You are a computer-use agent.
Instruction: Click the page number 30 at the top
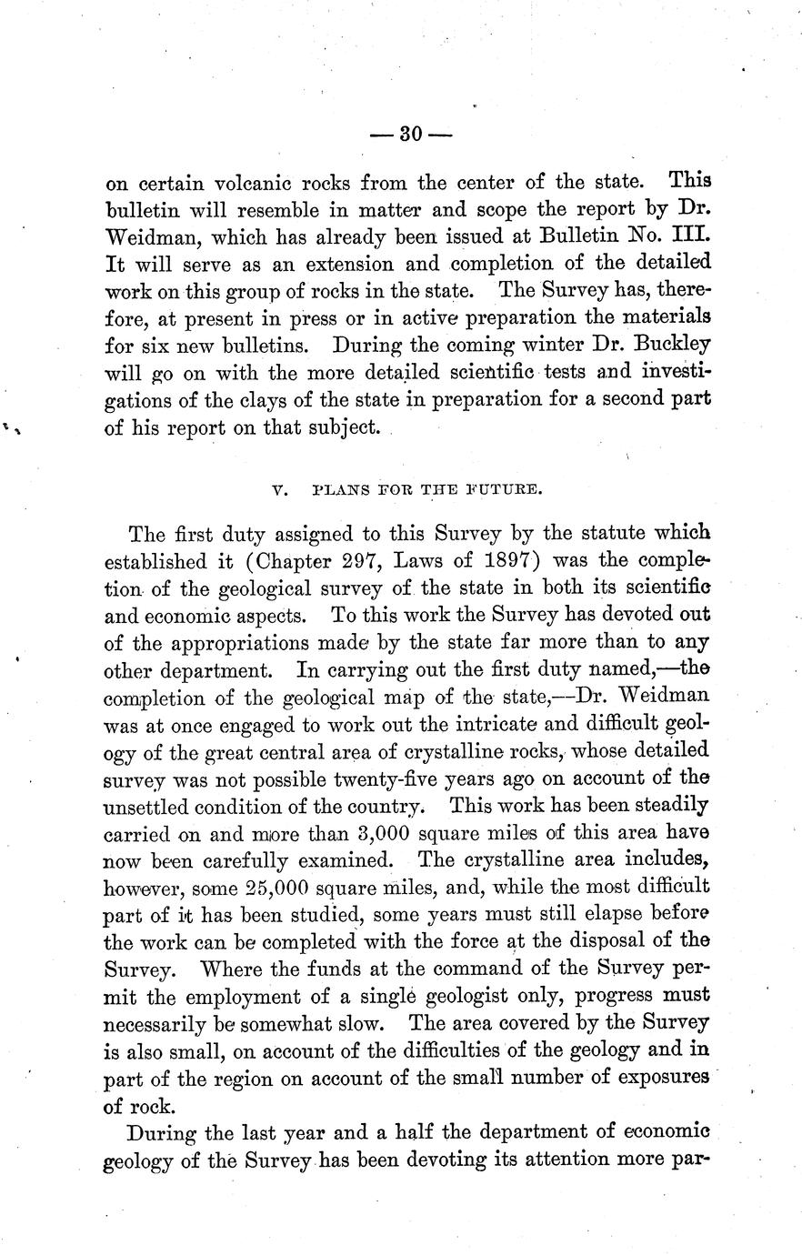(x=411, y=135)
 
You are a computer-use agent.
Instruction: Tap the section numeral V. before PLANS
(x=279, y=489)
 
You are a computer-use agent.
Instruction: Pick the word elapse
(x=574, y=913)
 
